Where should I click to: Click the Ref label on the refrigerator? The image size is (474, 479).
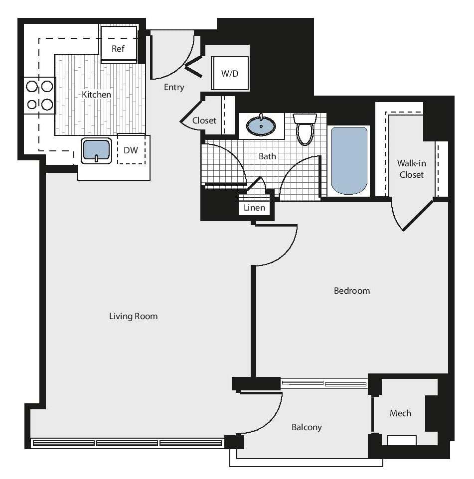[x=118, y=48]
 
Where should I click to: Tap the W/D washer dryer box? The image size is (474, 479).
[x=230, y=73]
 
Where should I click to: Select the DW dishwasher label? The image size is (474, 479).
[x=131, y=150]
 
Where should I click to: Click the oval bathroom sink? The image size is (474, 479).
[x=261, y=126]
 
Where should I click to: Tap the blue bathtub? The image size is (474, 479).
[x=349, y=160]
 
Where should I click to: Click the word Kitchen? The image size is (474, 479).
[x=96, y=94]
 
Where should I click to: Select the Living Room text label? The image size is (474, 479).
[x=133, y=316]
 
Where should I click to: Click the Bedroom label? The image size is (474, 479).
[x=352, y=290]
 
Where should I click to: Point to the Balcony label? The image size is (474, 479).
[x=307, y=427]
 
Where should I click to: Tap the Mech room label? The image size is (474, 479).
[x=400, y=413]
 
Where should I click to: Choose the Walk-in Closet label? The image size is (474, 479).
[x=411, y=169]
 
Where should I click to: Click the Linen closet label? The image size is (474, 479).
[x=254, y=208]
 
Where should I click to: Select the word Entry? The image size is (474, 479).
[x=174, y=87]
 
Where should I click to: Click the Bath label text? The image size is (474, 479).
[x=267, y=156]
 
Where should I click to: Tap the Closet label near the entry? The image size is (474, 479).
[x=204, y=120]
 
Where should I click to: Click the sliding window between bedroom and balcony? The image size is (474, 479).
[x=324, y=383]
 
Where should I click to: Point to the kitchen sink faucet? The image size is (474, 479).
[x=96, y=158]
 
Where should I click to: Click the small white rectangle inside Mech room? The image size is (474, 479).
[x=402, y=440]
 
